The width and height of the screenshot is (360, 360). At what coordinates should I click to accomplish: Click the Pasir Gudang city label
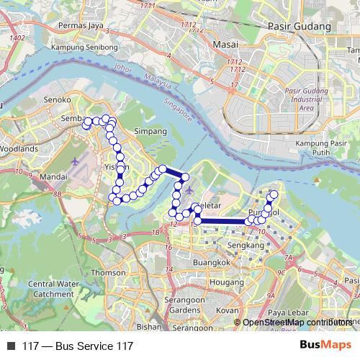click(298, 26)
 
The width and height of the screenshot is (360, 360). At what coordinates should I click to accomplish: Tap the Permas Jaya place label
click(81, 26)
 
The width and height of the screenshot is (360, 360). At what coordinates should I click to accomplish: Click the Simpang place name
click(151, 132)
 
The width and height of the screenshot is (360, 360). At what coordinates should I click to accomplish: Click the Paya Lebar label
click(283, 312)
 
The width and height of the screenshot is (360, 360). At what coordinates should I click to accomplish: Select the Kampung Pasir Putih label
click(321, 148)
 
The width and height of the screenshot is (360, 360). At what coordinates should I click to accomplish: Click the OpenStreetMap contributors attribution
click(297, 322)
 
